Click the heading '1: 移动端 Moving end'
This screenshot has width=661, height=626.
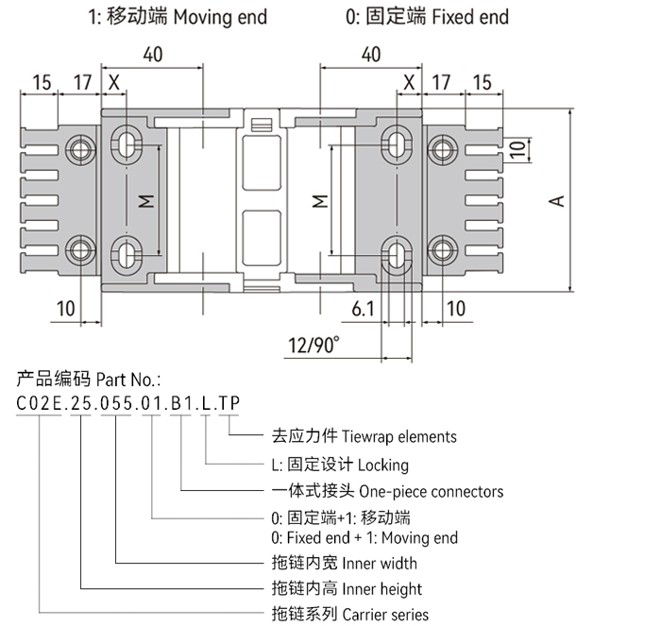point(178,17)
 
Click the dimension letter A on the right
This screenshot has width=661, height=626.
point(557,200)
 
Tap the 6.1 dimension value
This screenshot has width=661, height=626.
point(363,308)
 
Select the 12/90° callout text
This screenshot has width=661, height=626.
point(314,347)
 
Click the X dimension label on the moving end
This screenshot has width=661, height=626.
point(114,82)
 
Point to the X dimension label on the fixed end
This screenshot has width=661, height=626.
point(408,82)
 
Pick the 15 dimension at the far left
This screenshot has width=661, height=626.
point(41,82)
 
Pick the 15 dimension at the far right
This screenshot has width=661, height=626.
point(482,82)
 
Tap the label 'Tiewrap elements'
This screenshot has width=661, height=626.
point(364,436)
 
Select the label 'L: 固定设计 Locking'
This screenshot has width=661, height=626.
point(340,465)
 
